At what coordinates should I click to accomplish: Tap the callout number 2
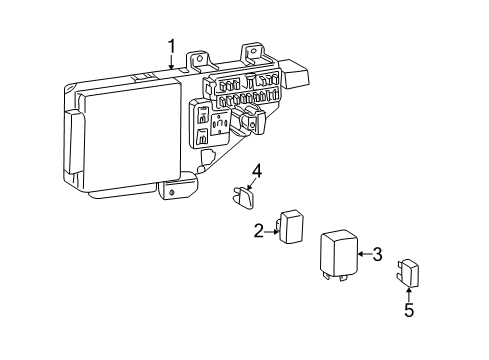coord(259,231)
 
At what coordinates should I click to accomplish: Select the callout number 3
coord(377,255)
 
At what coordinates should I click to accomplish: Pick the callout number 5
coord(408,311)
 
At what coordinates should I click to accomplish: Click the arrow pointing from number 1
coord(171,62)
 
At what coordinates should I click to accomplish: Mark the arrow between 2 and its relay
coord(271,231)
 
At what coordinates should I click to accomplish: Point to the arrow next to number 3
coord(364,255)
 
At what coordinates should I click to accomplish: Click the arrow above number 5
coord(408,292)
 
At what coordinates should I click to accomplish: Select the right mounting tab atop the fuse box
coord(252,55)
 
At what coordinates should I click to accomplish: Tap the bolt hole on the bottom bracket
coord(174,189)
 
